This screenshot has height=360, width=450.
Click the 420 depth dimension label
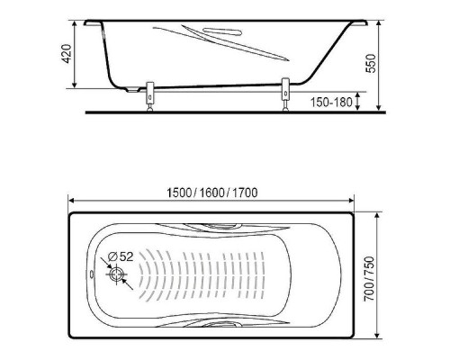pos(67,54)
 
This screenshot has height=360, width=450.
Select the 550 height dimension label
pos(371,63)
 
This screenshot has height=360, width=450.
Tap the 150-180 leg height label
pos(331,103)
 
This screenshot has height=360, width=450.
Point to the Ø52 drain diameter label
pos(120,256)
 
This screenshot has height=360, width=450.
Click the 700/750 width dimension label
pos(369,279)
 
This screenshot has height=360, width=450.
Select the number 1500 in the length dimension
pos(179,193)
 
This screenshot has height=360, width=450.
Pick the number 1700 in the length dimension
pos(245,193)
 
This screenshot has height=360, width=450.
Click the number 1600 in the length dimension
pos(211,193)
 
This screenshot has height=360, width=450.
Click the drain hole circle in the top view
pos(116,274)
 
